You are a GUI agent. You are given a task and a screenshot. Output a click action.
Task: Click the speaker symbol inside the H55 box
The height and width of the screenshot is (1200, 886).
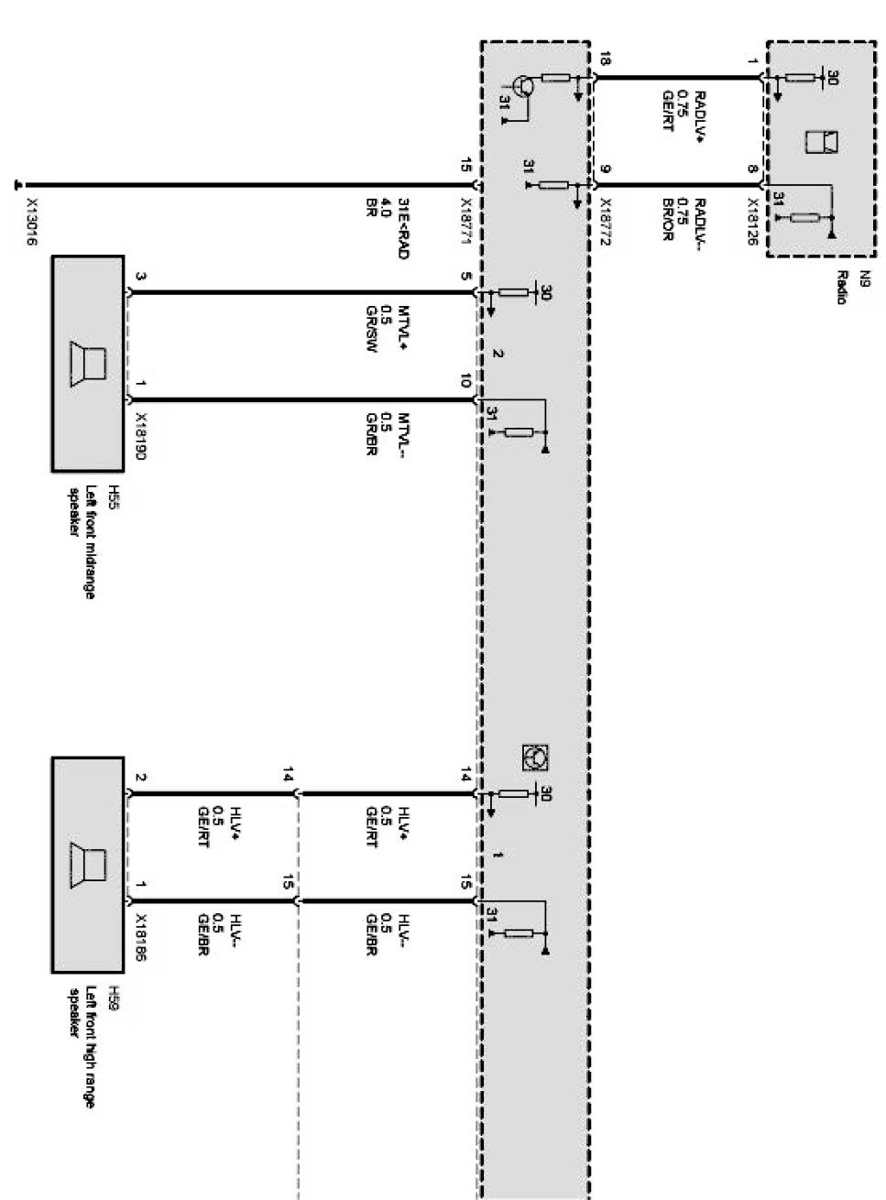pyautogui.click(x=89, y=365)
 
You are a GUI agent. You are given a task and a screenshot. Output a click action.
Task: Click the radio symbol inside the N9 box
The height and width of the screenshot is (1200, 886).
pyautogui.click(x=821, y=143)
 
